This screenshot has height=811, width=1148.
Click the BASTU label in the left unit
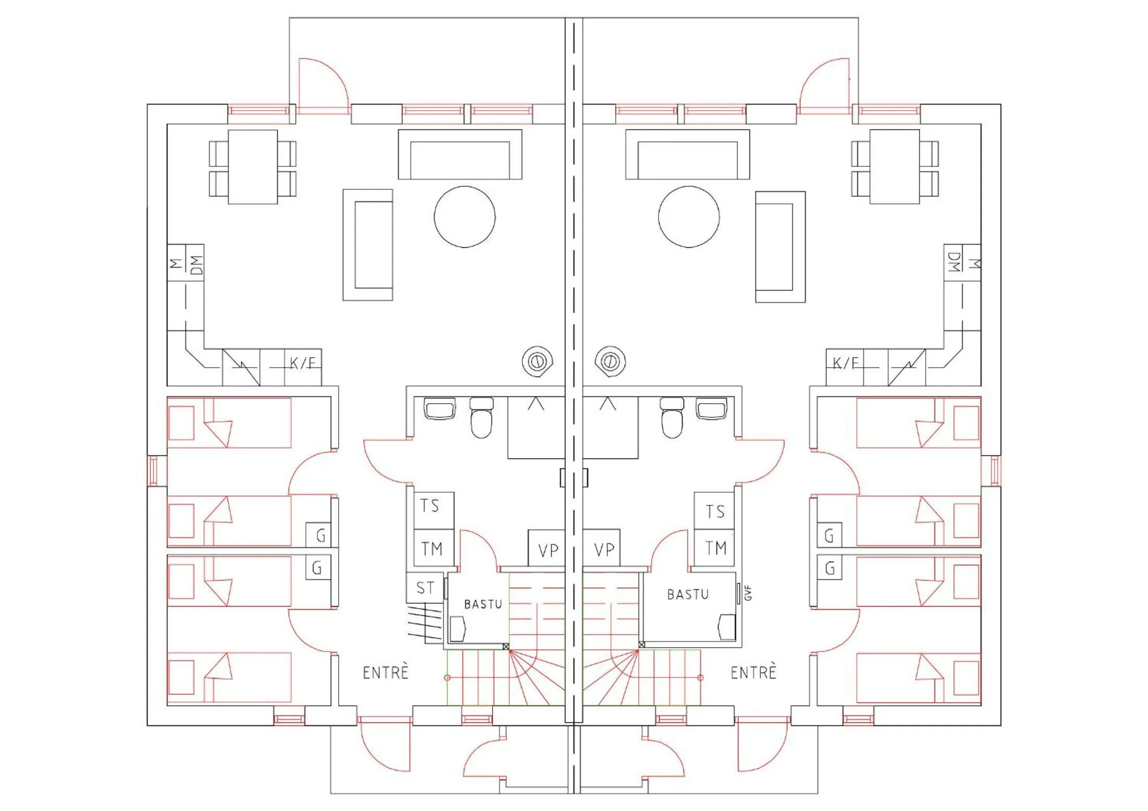(483, 604)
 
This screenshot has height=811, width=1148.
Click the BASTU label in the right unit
(688, 595)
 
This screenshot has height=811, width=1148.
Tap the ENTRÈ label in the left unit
(385, 672)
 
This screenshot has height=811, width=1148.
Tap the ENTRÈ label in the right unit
(753, 672)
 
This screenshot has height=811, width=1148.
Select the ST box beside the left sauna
(425, 588)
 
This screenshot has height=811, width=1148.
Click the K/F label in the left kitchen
(303, 363)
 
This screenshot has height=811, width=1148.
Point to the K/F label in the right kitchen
(845, 363)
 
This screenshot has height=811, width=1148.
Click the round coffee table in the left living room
(464, 216)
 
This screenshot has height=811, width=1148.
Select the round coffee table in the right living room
(688, 216)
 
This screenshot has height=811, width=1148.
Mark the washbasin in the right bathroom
(711, 408)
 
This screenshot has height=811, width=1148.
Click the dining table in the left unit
(253, 166)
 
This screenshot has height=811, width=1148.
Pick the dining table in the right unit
(894, 166)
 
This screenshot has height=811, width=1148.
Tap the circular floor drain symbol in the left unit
(537, 361)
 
